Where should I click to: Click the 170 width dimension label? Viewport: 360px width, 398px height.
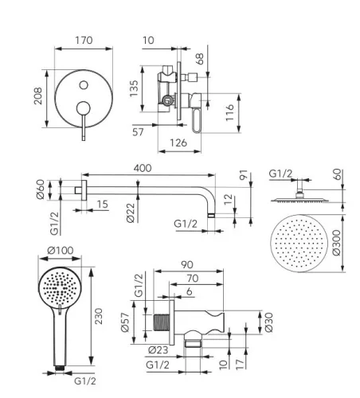point(84,41)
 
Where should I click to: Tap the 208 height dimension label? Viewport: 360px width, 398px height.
point(38,96)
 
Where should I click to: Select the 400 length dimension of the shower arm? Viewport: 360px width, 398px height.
point(143,168)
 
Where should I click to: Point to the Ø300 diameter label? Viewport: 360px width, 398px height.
point(336,243)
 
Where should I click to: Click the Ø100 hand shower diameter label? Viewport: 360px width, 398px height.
point(61,250)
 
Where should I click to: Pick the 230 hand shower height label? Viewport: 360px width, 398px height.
point(99,316)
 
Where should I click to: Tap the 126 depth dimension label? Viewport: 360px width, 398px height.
point(178,143)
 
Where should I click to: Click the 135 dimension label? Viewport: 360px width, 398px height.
point(134,88)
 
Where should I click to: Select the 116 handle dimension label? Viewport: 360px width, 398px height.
point(229,112)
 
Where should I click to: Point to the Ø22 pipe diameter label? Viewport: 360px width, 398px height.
point(131,213)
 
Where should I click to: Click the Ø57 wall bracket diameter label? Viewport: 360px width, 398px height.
point(125,322)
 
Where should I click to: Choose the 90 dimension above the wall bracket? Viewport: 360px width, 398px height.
point(187,264)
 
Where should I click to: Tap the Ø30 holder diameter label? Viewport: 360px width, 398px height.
point(268,322)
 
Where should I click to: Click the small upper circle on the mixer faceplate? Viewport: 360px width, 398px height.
point(84,85)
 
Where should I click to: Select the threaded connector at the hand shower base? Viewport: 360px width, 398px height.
point(60,368)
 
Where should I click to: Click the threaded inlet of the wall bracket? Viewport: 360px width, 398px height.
point(162,322)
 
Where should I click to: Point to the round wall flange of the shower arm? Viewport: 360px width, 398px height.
point(84,190)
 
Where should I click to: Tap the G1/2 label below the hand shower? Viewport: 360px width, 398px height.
point(85,381)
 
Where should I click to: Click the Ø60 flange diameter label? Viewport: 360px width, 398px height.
point(41,189)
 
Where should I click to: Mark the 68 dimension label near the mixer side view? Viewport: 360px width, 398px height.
point(200,59)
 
